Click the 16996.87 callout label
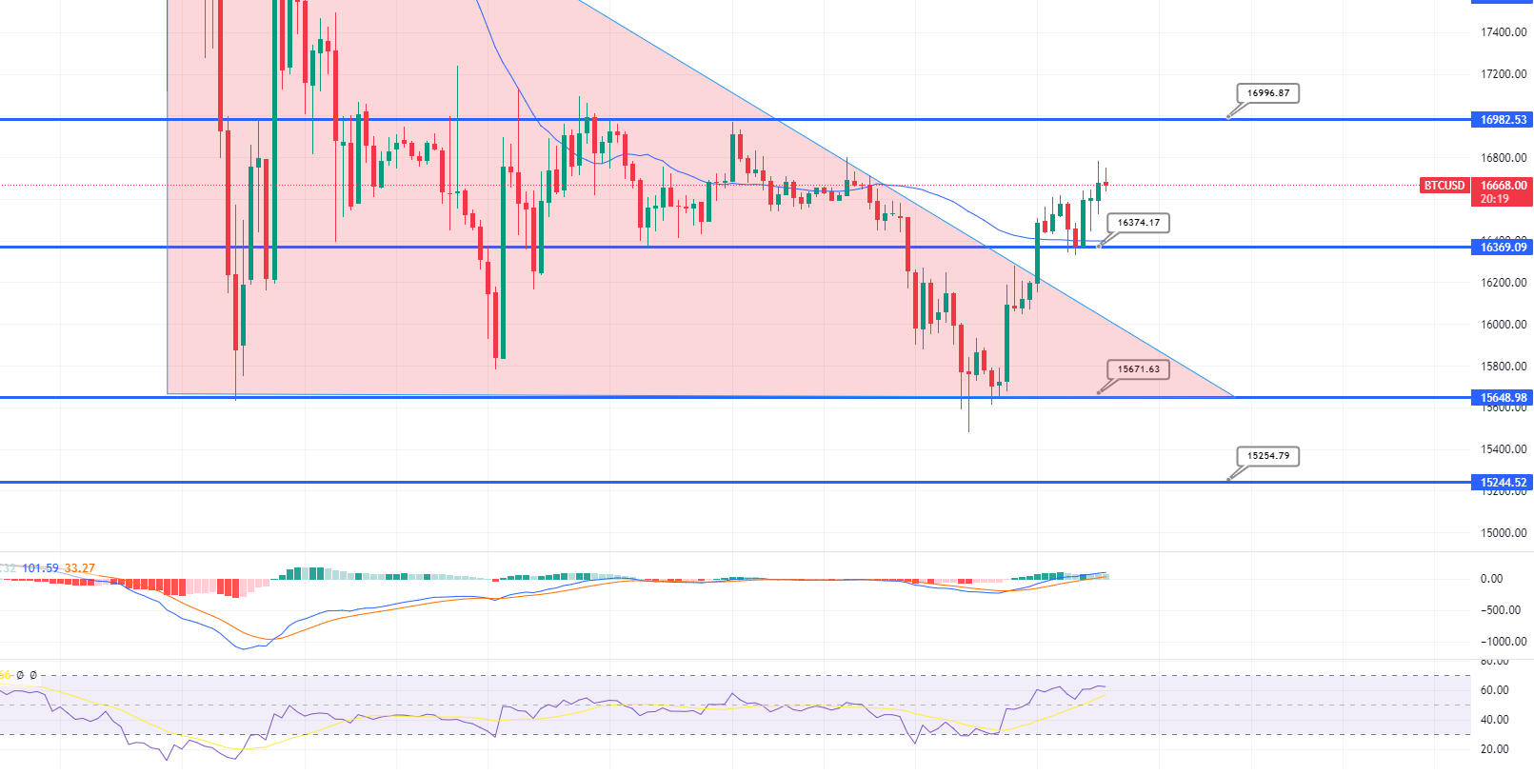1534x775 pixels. [1268, 93]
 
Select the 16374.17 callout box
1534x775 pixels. [1138, 223]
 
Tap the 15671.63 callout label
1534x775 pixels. [1138, 369]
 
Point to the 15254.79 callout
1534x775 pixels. [1267, 456]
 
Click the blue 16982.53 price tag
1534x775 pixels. [1503, 120]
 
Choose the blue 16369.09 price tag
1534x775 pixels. [1503, 248]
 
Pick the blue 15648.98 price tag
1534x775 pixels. [1503, 398]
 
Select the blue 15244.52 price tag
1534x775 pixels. [1503, 483]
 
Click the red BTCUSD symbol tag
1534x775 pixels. [1444, 186]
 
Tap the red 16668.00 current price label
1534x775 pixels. [1503, 186]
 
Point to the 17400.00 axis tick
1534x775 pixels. [1504, 32]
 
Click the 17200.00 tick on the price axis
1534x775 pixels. [1504, 74]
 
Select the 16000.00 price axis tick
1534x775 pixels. [1504, 325]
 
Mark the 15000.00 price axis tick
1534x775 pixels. [1504, 533]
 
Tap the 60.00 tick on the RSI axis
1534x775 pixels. [1494, 690]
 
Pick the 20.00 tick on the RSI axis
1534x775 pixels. [1494, 749]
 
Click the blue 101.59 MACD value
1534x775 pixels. [40, 568]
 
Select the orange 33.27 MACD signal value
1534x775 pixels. [80, 568]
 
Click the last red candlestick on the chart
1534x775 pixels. [1106, 184]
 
